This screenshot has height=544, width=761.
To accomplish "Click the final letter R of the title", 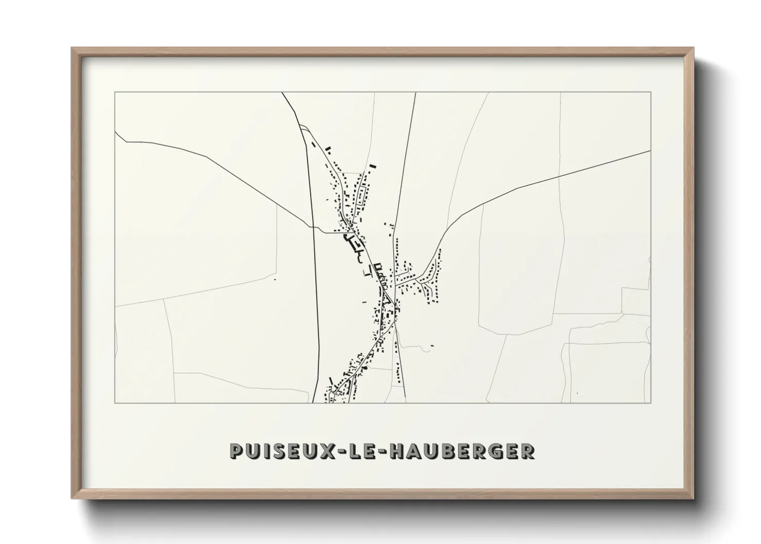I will click(x=528, y=451).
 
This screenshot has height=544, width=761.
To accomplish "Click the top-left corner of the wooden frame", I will click(x=72, y=48).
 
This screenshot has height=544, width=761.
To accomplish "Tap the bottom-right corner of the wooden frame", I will click(x=694, y=498).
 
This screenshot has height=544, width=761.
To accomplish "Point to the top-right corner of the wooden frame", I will click(x=694, y=48).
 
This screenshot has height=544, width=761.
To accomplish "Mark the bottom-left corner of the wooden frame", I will click(x=72, y=498).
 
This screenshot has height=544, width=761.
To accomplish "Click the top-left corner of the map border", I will click(x=115, y=93).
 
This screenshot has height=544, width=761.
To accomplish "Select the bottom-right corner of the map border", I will click(x=651, y=403).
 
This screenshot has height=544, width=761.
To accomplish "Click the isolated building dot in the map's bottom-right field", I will click(x=577, y=393).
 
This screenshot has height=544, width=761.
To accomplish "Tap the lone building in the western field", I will click(x=275, y=279).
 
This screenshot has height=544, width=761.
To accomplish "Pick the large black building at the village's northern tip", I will click(x=373, y=166).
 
